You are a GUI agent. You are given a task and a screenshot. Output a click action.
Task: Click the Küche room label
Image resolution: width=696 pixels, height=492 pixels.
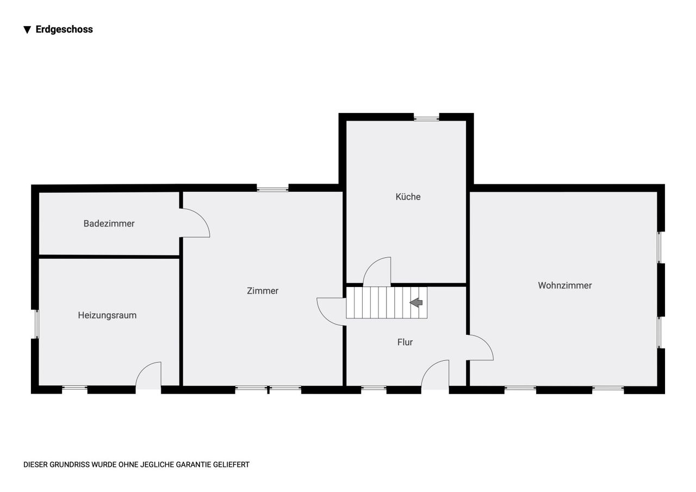pos(408,197)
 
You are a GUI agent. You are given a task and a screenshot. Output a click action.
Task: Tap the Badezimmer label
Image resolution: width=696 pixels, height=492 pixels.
pos(109,223)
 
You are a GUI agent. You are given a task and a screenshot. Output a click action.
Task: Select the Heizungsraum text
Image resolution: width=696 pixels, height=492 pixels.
pos(107,315)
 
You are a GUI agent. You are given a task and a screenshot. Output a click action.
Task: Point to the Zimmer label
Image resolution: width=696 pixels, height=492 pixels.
pos(263,291)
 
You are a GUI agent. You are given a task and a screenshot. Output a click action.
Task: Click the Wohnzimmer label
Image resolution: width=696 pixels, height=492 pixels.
pos(565,285)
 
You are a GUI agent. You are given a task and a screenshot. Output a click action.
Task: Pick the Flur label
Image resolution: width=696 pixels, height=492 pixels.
pos(405,342)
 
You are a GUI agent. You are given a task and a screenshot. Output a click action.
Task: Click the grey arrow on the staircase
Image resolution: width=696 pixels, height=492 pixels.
pos(416,302)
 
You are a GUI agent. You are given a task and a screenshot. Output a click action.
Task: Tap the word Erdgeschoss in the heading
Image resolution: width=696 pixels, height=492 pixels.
pos(64,29)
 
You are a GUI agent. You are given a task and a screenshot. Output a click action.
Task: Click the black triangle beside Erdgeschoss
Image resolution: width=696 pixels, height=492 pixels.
pos(27,30)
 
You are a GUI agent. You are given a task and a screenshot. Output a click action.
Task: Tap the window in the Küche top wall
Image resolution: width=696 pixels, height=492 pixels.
pos(426,118)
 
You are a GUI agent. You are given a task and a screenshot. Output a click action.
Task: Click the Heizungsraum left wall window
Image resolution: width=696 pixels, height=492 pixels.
pos(36,324)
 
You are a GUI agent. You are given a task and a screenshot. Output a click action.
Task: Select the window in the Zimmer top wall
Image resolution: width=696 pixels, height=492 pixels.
pos(272,189)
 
